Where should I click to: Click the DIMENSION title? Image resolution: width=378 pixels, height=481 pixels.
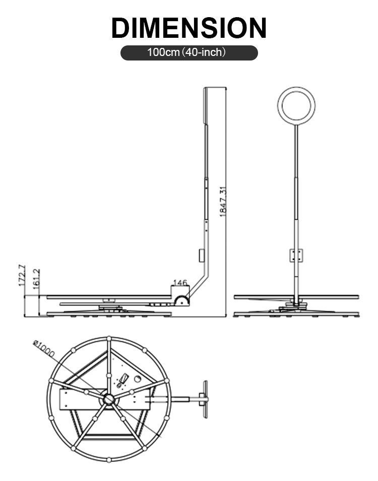pyautogui.click(x=188, y=27)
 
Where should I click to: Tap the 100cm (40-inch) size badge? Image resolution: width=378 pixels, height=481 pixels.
pyautogui.click(x=188, y=52)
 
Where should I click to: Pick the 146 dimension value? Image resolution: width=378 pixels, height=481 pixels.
pyautogui.click(x=180, y=283)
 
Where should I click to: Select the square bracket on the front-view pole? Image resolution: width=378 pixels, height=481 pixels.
pyautogui.click(x=296, y=255)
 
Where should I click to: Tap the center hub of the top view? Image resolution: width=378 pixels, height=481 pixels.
pyautogui.click(x=109, y=399)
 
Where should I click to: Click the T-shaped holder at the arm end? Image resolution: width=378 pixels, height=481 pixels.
pyautogui.click(x=205, y=399)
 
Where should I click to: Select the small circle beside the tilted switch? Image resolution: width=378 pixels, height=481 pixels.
pyautogui.click(x=136, y=378)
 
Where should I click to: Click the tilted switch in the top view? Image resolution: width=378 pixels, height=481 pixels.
pyautogui.click(x=122, y=379)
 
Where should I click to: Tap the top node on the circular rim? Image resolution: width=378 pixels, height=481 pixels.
pyautogui.click(x=109, y=339)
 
